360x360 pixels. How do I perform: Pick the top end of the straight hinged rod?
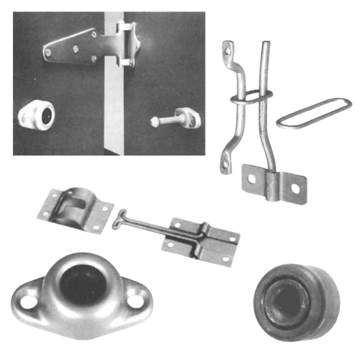[264, 45]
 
